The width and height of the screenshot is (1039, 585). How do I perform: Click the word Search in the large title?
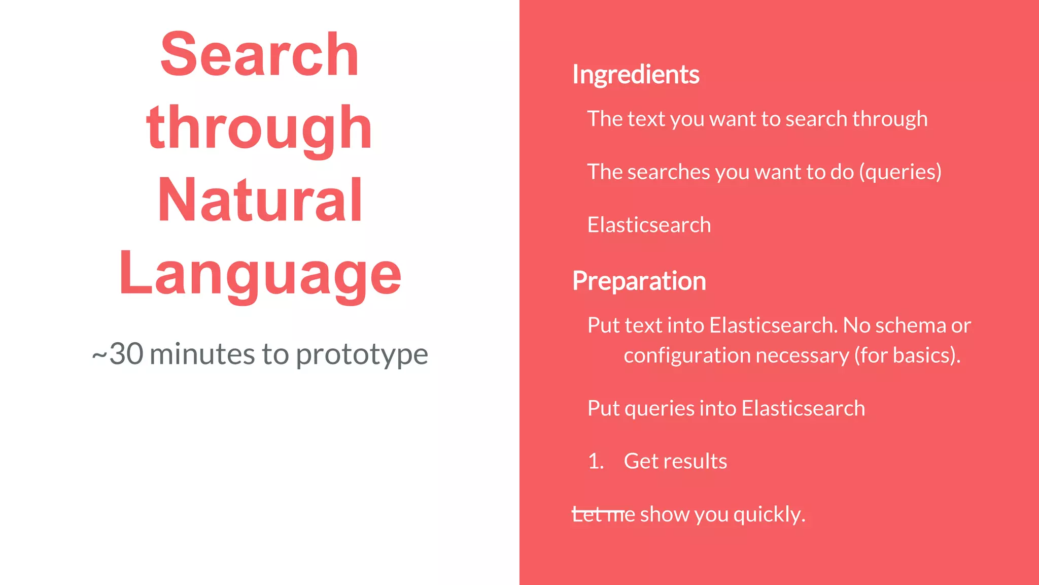(x=259, y=54)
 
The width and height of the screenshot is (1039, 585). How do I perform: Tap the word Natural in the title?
(x=260, y=201)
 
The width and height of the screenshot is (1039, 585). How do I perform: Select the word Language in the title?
(x=260, y=274)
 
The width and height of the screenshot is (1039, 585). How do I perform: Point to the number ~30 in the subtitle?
(x=118, y=353)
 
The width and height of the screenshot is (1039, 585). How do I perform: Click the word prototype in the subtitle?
(x=362, y=354)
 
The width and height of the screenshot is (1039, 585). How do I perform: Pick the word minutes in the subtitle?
(x=202, y=353)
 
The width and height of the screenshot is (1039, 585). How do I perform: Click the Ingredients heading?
(x=636, y=75)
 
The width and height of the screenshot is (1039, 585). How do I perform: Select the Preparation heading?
(x=639, y=281)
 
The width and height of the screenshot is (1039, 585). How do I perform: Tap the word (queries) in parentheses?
(x=900, y=172)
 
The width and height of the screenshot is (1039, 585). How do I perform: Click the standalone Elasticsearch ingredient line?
(x=649, y=225)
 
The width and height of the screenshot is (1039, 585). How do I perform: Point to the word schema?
(x=910, y=326)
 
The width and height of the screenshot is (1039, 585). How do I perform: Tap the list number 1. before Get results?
(x=596, y=462)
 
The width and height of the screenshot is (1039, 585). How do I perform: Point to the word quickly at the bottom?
(x=769, y=515)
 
